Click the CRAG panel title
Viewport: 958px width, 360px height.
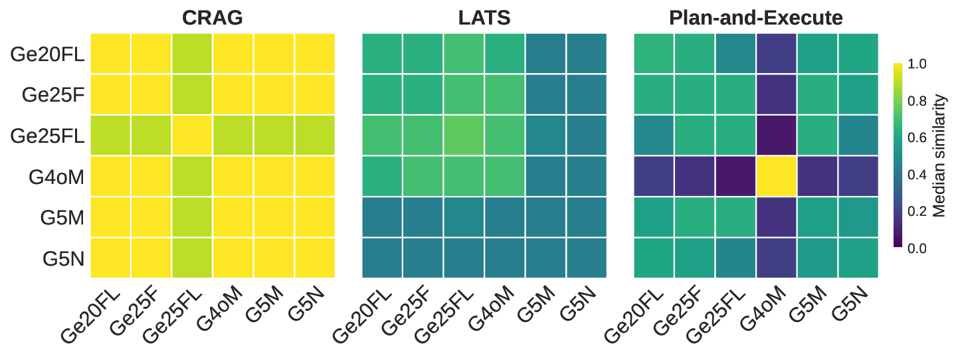click(213, 18)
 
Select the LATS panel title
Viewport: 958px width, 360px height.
click(484, 18)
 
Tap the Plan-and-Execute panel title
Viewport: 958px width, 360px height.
click(756, 18)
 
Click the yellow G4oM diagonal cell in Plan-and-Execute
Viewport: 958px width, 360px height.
click(776, 176)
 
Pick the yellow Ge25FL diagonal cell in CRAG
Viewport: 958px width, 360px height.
click(193, 135)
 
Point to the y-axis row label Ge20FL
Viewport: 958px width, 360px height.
click(47, 54)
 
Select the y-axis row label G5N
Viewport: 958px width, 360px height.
click(64, 258)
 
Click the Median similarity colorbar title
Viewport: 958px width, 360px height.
click(939, 155)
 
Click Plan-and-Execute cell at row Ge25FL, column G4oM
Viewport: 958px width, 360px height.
click(776, 135)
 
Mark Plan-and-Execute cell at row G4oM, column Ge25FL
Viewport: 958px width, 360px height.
click(735, 176)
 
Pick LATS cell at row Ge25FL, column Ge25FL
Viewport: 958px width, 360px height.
click(464, 135)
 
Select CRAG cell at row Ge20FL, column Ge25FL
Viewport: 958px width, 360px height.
click(193, 54)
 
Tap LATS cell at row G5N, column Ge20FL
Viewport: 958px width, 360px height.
click(383, 258)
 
